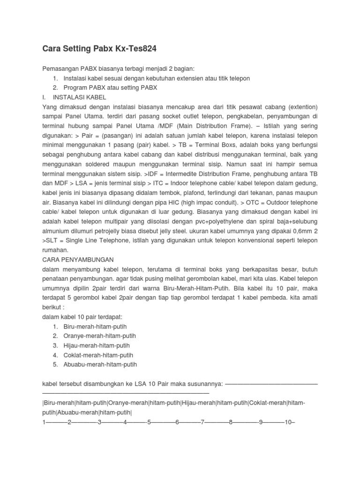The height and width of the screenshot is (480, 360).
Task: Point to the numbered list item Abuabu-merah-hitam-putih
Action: (x=100, y=364)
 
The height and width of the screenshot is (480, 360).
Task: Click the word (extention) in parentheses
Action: (x=300, y=107)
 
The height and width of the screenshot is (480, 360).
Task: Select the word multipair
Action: (x=131, y=221)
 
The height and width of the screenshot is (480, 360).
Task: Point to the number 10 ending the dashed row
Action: (x=288, y=422)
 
